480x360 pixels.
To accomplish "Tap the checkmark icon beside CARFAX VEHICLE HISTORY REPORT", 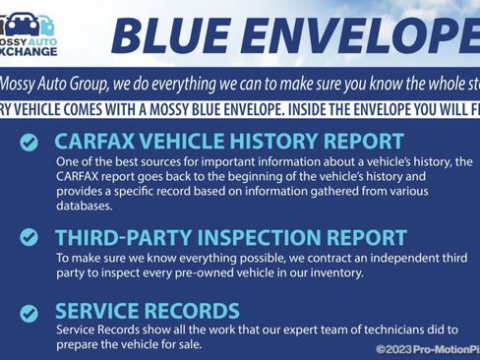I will pyautogui.click(x=30, y=143).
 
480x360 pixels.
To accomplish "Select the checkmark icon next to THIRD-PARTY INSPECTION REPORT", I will pyautogui.click(x=30, y=237).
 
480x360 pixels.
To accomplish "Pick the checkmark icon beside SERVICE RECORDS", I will pyautogui.click(x=30, y=313).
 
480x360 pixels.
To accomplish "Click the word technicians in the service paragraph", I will pyautogui.click(x=373, y=330).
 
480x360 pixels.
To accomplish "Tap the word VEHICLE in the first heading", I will pyautogui.click(x=190, y=142).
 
